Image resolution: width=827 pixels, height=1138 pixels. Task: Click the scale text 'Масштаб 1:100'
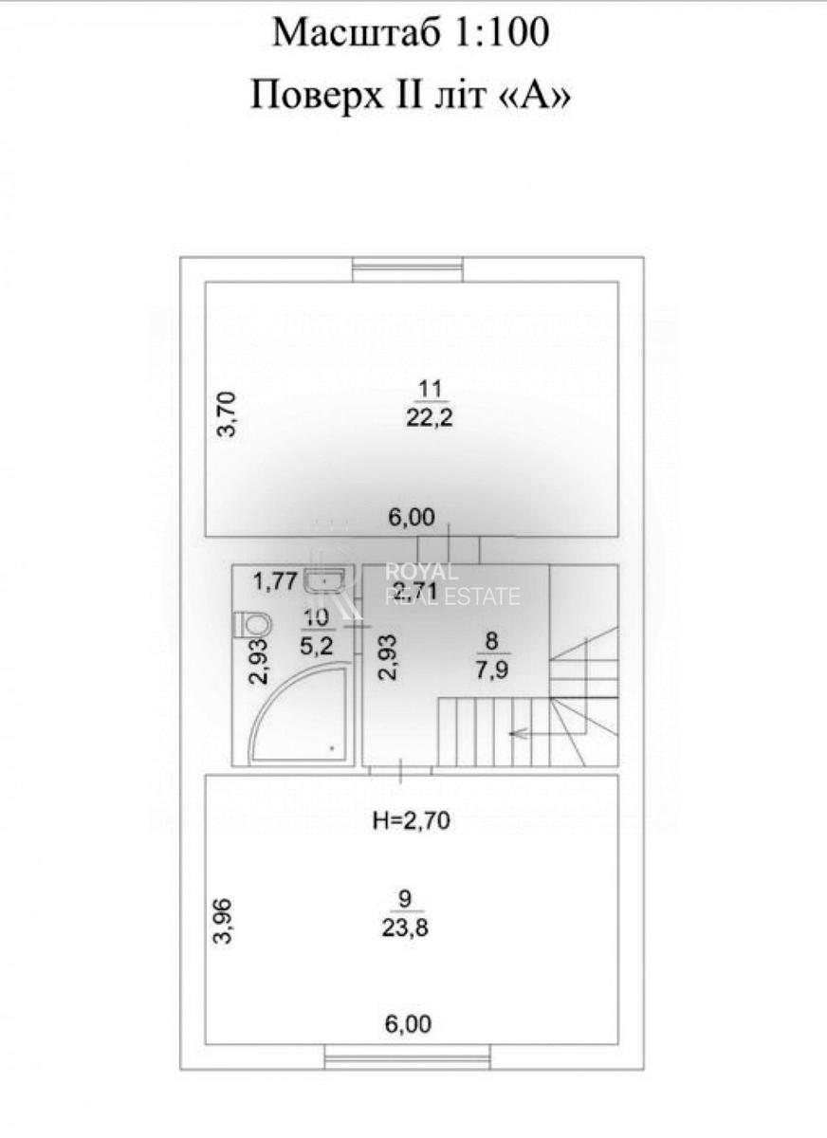click(411, 34)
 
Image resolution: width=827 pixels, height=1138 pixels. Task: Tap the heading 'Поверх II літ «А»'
click(411, 95)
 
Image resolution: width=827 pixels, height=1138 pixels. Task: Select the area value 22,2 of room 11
click(429, 418)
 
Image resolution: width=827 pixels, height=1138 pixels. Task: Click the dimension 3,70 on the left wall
click(228, 414)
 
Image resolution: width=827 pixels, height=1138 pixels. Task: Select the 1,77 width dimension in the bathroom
click(276, 580)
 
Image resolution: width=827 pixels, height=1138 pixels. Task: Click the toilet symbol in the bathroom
click(252, 624)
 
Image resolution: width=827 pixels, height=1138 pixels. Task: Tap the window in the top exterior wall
click(408, 271)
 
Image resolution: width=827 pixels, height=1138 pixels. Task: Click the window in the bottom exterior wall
click(408, 1056)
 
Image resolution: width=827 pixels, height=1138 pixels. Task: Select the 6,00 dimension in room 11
click(411, 517)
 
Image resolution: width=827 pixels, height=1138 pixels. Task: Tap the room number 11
click(429, 387)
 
